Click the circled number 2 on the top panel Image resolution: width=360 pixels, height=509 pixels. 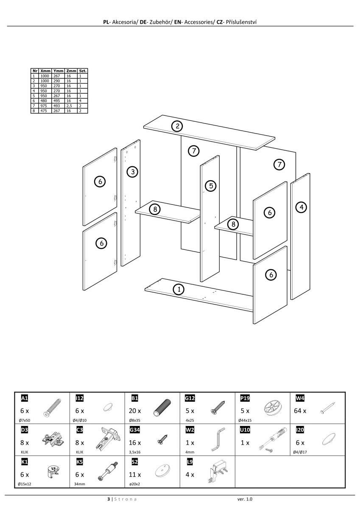[x=177, y=126]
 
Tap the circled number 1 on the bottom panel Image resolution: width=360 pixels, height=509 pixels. [x=179, y=289]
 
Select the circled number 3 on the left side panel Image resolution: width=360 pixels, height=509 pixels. [x=133, y=172]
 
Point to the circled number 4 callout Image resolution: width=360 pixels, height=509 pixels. [x=301, y=207]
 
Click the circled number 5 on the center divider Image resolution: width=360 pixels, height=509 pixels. [x=211, y=185]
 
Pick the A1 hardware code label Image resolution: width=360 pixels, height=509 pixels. [x=25, y=398]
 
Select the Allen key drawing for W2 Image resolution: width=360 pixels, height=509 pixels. [x=218, y=439]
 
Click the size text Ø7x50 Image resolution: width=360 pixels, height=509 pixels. [x=25, y=420]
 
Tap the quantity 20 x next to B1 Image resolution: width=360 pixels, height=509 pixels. [x=135, y=411]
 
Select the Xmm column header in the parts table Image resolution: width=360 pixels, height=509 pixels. [x=45, y=71]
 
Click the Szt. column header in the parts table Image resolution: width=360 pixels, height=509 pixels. [x=83, y=71]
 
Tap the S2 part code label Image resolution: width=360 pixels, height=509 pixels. [x=134, y=461]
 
